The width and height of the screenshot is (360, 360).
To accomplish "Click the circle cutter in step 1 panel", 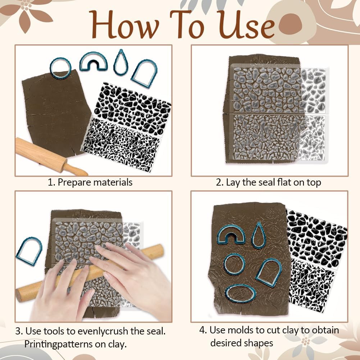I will [60, 68].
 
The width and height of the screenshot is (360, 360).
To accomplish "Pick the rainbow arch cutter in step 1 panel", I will [94, 61].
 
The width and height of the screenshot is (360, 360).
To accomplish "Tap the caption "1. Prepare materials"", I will [90, 182].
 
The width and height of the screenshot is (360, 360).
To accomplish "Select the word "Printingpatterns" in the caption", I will [54, 344].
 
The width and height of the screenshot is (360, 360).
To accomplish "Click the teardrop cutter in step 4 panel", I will [259, 236].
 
